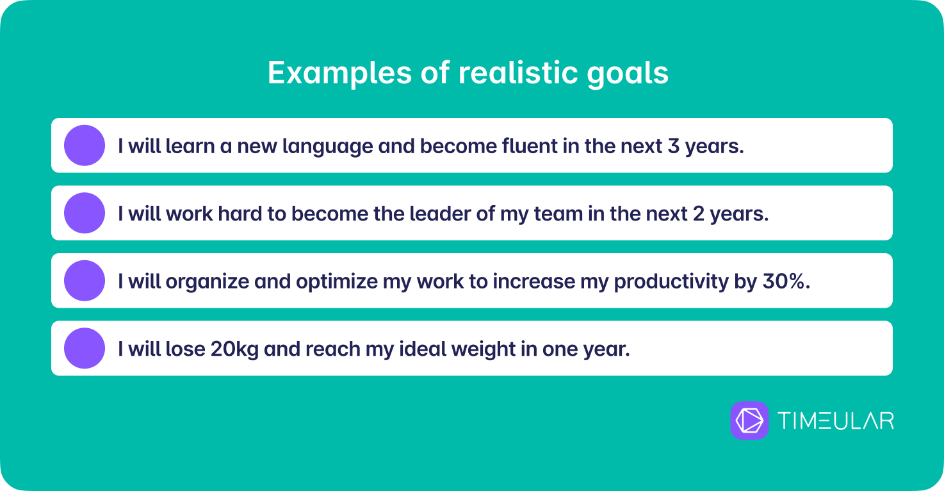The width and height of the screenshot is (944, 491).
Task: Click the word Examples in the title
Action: pos(339,74)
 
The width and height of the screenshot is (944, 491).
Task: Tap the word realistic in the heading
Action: pos(518,72)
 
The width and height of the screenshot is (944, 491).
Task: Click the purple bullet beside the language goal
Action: pos(85,146)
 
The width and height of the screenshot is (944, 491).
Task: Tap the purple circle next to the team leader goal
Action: pos(85,213)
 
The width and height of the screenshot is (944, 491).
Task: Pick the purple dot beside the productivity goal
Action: pos(85,281)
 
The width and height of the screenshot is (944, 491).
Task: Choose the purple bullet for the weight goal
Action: pos(85,348)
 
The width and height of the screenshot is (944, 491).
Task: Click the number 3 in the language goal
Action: pos(674,146)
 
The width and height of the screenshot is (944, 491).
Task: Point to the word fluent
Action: pos(529,146)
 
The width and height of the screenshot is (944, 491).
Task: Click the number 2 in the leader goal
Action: pos(698,213)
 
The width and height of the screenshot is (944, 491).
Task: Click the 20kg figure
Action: pos(234,349)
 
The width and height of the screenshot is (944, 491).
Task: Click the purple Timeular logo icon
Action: pos(749,420)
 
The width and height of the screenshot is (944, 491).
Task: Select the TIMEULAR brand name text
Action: pos(836,420)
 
